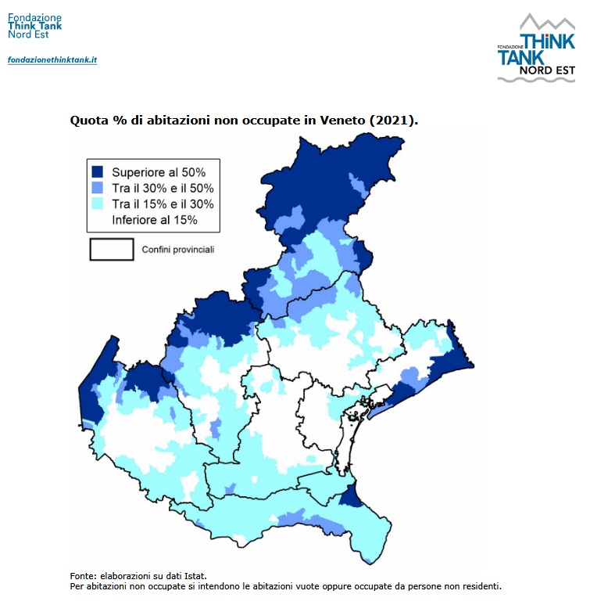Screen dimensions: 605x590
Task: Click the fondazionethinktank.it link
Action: click(52, 59)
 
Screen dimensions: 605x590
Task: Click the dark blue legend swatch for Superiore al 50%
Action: click(98, 171)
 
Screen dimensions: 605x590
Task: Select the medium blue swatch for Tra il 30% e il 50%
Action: click(98, 188)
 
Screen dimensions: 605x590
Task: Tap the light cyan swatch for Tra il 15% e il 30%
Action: click(98, 204)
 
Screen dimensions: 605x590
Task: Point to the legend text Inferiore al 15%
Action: click(155, 220)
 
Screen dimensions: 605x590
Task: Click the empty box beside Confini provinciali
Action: click(112, 250)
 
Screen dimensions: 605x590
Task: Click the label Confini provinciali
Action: click(177, 250)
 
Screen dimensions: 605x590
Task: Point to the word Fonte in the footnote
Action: click(82, 575)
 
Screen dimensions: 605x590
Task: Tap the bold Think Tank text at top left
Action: click(34, 25)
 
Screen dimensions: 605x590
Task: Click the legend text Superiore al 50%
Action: click(159, 171)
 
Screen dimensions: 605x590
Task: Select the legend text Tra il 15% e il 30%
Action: click(163, 204)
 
